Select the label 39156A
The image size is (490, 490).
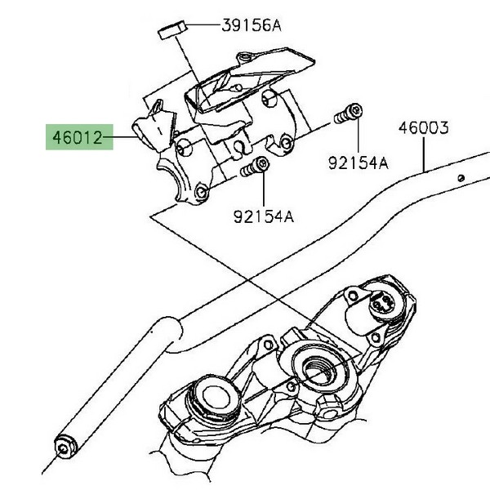(251, 25)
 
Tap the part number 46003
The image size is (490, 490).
(424, 127)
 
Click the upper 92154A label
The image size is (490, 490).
(359, 163)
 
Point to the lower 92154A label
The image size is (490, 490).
(263, 217)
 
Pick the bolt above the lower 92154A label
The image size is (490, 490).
(258, 167)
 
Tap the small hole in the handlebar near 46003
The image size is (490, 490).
(461, 177)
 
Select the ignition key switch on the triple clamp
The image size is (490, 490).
(379, 303)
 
